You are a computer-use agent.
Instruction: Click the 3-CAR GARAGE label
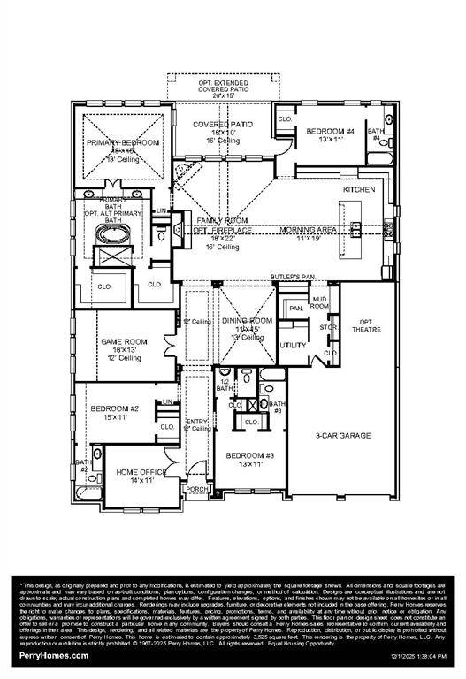tap(343, 436)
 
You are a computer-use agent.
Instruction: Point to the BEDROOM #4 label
tap(330, 132)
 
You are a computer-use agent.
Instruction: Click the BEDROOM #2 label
tap(115, 408)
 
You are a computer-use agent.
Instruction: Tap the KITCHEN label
tap(360, 190)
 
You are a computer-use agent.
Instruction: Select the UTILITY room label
tap(293, 345)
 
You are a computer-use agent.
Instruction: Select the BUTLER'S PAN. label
tap(293, 278)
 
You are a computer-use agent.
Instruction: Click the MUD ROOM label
tap(319, 303)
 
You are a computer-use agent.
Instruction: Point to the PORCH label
tap(195, 488)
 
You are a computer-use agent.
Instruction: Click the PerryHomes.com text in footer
tap(54, 656)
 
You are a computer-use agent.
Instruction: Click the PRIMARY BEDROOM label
tap(122, 142)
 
